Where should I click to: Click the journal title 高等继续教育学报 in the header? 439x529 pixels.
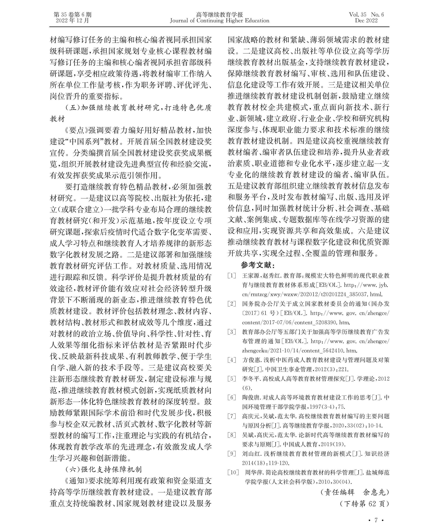[219, 15]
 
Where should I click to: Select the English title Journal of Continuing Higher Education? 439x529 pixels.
[219, 21]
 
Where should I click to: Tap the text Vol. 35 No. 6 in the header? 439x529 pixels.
[366, 15]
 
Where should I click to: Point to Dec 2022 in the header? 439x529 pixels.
[366, 21]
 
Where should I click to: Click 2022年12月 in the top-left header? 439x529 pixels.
[73, 21]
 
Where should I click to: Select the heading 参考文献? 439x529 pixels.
[258, 265]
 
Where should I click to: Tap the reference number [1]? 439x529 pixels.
[232, 276]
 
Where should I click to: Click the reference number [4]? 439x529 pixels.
[232, 360]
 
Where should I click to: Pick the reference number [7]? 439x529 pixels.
[232, 416]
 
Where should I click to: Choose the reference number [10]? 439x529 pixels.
[233, 472]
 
